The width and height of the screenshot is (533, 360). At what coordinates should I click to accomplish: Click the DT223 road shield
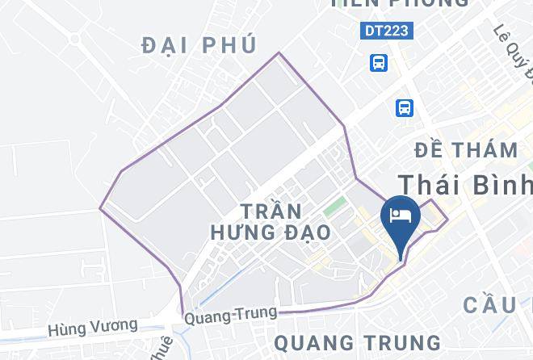385,31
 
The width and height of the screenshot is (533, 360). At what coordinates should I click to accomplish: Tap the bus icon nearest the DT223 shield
378,62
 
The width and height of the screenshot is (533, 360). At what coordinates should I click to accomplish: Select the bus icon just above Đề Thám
404,107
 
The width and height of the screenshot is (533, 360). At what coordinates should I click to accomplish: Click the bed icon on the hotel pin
401,215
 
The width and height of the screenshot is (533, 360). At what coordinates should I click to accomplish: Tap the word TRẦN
271,211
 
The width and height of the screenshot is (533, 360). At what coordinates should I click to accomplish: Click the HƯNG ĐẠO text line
270,232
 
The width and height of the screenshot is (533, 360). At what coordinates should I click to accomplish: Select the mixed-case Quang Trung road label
230,315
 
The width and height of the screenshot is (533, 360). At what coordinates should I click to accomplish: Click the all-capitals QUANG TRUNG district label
357,342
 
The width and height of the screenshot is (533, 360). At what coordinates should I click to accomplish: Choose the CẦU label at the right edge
497,304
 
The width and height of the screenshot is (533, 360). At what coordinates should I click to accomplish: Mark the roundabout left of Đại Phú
76,38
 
